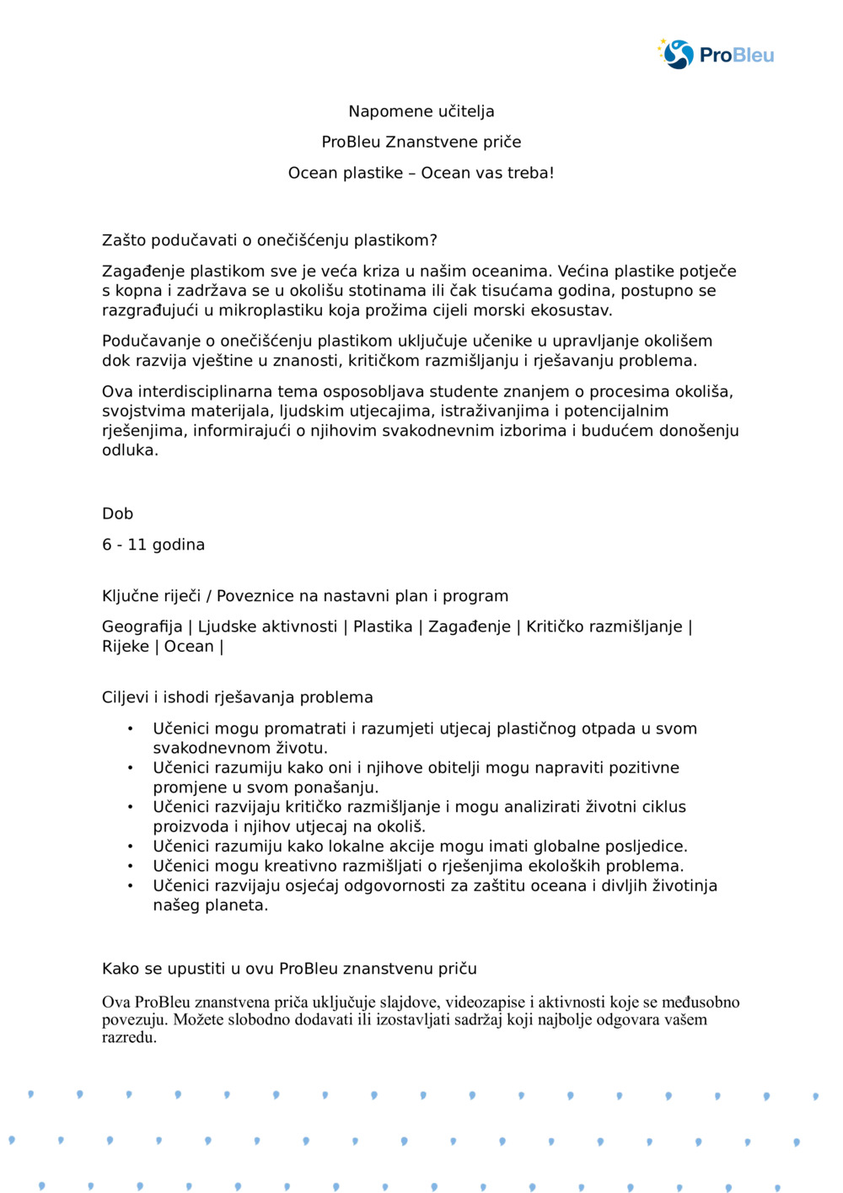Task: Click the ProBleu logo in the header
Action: pos(716,54)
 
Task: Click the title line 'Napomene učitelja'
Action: pos(421,111)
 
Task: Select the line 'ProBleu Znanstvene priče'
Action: pos(421,142)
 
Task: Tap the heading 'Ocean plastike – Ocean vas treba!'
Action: pos(421,173)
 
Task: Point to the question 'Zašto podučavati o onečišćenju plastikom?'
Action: pos(270,240)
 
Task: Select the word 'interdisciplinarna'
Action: pos(207,391)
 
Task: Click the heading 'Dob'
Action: pos(118,513)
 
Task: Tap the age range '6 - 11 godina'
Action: pos(153,545)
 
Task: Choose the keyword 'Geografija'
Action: pos(142,626)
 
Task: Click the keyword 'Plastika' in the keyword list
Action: pos(383,626)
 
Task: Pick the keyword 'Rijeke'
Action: pos(126,647)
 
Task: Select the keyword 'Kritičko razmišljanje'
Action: pos(604,626)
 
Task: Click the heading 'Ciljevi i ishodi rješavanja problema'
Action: pos(238,697)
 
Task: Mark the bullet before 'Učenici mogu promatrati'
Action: pos(131,728)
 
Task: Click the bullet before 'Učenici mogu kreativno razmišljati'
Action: pos(131,866)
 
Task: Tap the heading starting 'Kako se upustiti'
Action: pos(289,969)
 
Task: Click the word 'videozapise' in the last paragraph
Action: pos(485,1002)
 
